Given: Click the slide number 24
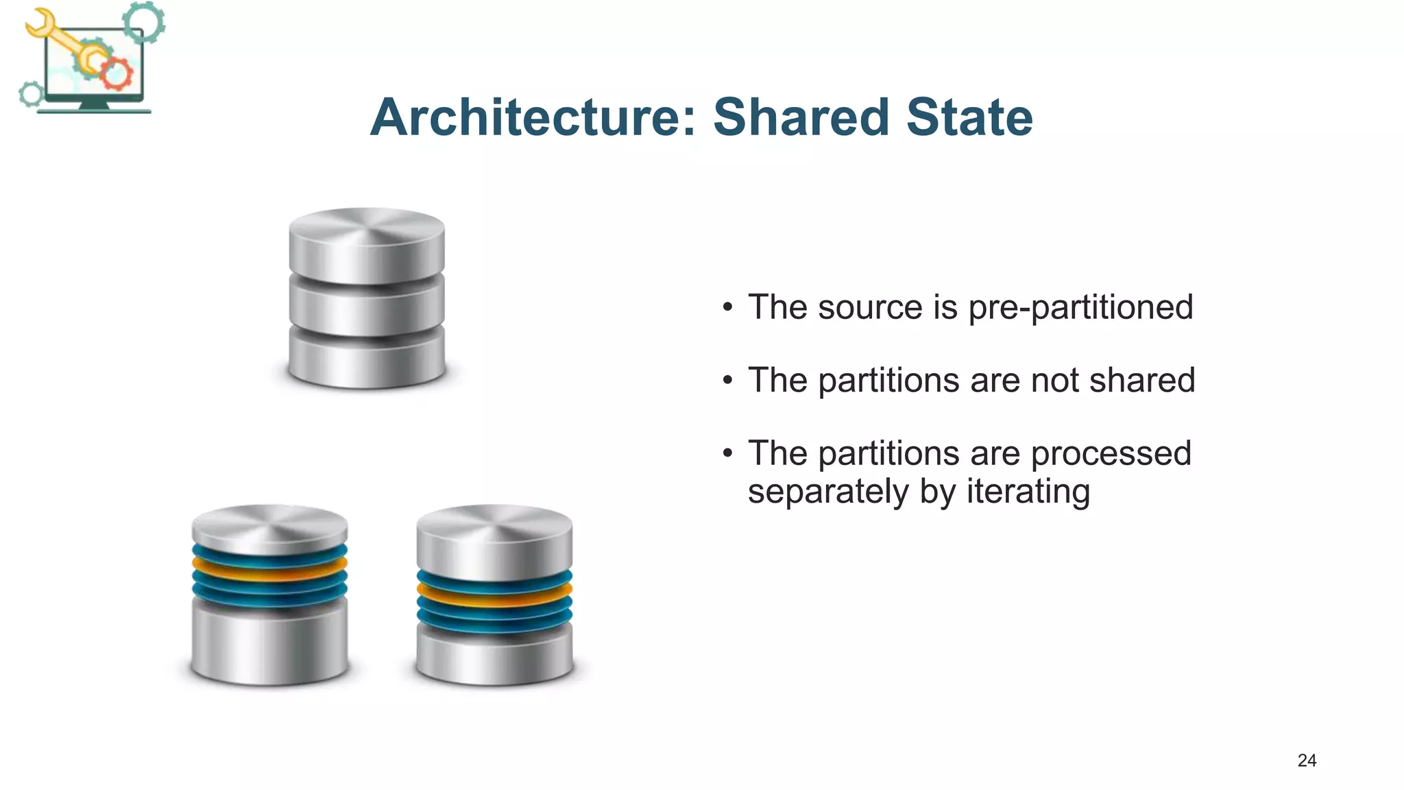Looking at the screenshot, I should point(1307,760).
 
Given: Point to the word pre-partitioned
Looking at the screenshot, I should point(1080,308).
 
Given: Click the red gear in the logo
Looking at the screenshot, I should point(117,73).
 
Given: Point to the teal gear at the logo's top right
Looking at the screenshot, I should point(144,22).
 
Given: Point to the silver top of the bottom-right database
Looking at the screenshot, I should point(494,542).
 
